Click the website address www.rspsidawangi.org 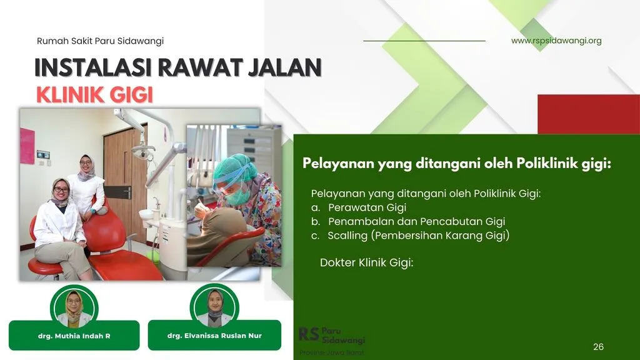tap(556, 41)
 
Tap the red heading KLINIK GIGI tap(95, 95)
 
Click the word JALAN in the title tap(285, 67)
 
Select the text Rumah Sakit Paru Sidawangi tap(100, 41)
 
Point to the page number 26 tap(598, 347)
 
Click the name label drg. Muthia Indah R tap(74, 336)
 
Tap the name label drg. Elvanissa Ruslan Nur tap(214, 336)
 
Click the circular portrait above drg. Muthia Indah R tap(74, 307)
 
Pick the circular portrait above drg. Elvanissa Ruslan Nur tap(214, 307)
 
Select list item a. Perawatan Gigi tap(359, 207)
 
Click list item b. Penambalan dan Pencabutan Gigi tap(408, 221)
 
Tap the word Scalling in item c tap(347, 236)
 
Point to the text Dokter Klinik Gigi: tap(366, 262)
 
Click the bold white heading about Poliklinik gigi tap(457, 163)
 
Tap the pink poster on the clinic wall tap(27, 146)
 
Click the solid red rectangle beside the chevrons tap(589, 114)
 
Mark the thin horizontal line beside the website tap(424, 41)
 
